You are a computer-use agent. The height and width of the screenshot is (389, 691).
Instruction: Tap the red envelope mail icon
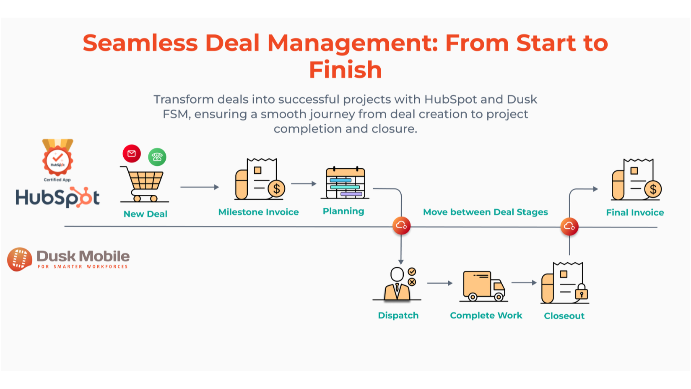[x=132, y=154]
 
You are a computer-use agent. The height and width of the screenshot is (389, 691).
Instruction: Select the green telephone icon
[x=157, y=157]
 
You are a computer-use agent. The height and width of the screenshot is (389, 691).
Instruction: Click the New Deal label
[x=145, y=214]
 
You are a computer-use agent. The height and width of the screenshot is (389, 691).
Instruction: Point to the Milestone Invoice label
[x=258, y=212]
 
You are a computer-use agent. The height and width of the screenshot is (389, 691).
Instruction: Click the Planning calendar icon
[x=345, y=183]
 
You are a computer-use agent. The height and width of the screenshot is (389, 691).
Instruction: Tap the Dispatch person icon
[x=397, y=284]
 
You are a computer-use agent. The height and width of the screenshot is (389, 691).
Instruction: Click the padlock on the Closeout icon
[x=582, y=292]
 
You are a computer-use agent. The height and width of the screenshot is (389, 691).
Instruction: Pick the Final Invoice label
[x=635, y=212]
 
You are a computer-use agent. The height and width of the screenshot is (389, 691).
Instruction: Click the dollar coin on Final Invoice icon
[x=653, y=190]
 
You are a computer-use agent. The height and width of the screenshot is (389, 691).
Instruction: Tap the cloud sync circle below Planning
[x=401, y=226]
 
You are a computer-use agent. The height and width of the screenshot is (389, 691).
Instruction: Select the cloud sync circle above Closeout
[x=569, y=227]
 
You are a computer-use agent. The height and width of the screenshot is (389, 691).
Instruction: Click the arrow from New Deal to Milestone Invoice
[x=200, y=187]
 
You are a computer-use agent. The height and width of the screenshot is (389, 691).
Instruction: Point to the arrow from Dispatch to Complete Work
[x=440, y=283]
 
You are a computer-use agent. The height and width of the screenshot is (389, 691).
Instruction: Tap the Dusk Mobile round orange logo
[x=19, y=259]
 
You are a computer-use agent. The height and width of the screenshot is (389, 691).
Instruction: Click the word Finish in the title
[x=345, y=70]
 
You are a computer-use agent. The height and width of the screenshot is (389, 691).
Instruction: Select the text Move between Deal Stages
[x=485, y=212]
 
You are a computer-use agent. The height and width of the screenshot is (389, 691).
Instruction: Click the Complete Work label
[x=486, y=315]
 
